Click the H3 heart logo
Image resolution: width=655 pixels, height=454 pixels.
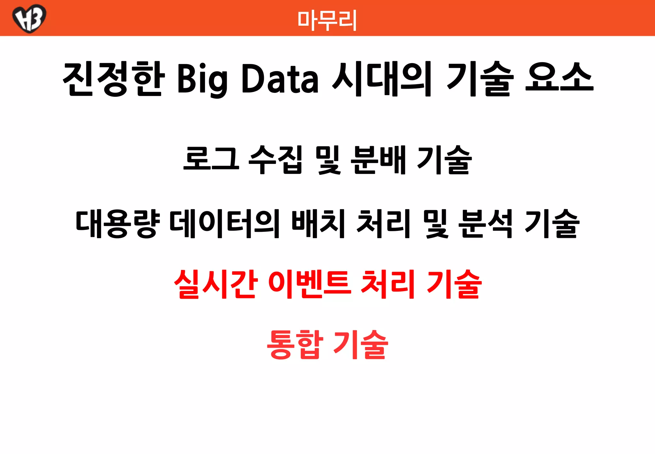tap(29, 18)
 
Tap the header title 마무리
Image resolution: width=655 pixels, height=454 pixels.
tap(327, 20)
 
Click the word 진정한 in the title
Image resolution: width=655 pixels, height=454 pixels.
tap(114, 79)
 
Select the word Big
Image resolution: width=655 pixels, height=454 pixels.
tap(202, 79)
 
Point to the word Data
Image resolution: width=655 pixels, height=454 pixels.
tap(280, 79)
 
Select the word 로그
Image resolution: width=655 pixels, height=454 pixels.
tap(211, 159)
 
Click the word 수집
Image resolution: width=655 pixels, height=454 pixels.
tap(275, 159)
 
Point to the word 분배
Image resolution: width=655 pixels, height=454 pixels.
tap(378, 159)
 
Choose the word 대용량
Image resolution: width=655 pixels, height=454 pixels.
tap(118, 223)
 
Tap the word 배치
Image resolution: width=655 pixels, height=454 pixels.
tap(318, 223)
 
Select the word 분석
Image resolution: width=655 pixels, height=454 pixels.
tap(486, 223)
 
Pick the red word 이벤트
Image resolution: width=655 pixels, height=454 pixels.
tap(310, 284)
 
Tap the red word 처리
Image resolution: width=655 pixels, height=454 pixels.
tap(387, 284)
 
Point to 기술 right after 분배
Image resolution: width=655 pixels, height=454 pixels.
tap(445, 159)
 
